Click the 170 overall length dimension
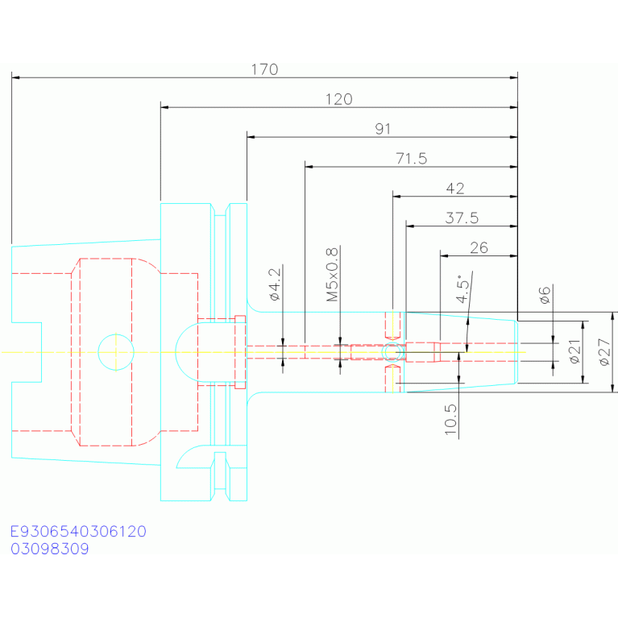coord(265,70)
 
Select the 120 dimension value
coord(339,99)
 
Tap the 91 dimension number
coord(383,129)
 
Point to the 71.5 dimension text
coord(412,159)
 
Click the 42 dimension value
coord(455,189)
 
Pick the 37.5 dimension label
coord(462,218)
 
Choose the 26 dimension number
coord(479,248)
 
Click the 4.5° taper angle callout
coord(462,288)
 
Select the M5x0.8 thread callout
coord(332,275)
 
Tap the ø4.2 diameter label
coord(275,284)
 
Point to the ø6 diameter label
coord(545,295)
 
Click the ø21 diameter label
coord(575,351)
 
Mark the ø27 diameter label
coord(604,352)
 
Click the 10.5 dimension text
coord(450,419)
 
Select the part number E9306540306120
coord(78,531)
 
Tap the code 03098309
coord(50,549)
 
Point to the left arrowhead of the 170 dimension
coord(15,77)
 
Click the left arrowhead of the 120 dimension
coord(164,107)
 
